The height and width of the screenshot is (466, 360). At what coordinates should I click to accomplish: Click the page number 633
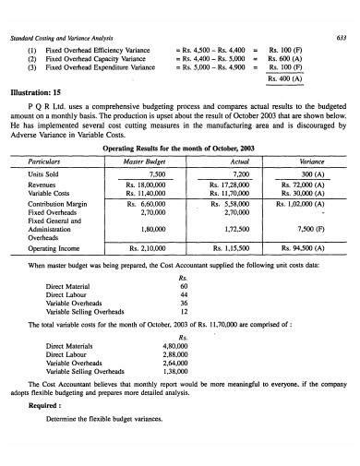(342, 11)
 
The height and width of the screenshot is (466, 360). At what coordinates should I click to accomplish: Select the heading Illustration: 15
(37, 92)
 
